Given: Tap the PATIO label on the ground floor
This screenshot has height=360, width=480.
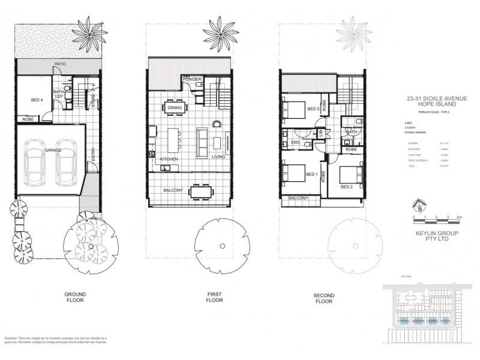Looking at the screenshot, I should point(59,63).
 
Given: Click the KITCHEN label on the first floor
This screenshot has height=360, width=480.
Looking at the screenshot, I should point(170,158).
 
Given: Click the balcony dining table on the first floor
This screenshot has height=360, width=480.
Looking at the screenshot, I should point(199,191).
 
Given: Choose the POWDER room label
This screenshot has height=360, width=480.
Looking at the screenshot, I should point(192,80).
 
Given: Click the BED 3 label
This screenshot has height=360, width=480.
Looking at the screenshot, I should point(313,109).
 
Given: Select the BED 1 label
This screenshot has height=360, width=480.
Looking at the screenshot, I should point(311,175).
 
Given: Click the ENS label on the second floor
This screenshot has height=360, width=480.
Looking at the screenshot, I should point(295,143).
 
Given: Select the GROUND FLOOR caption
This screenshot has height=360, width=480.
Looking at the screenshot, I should point(76,298).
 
